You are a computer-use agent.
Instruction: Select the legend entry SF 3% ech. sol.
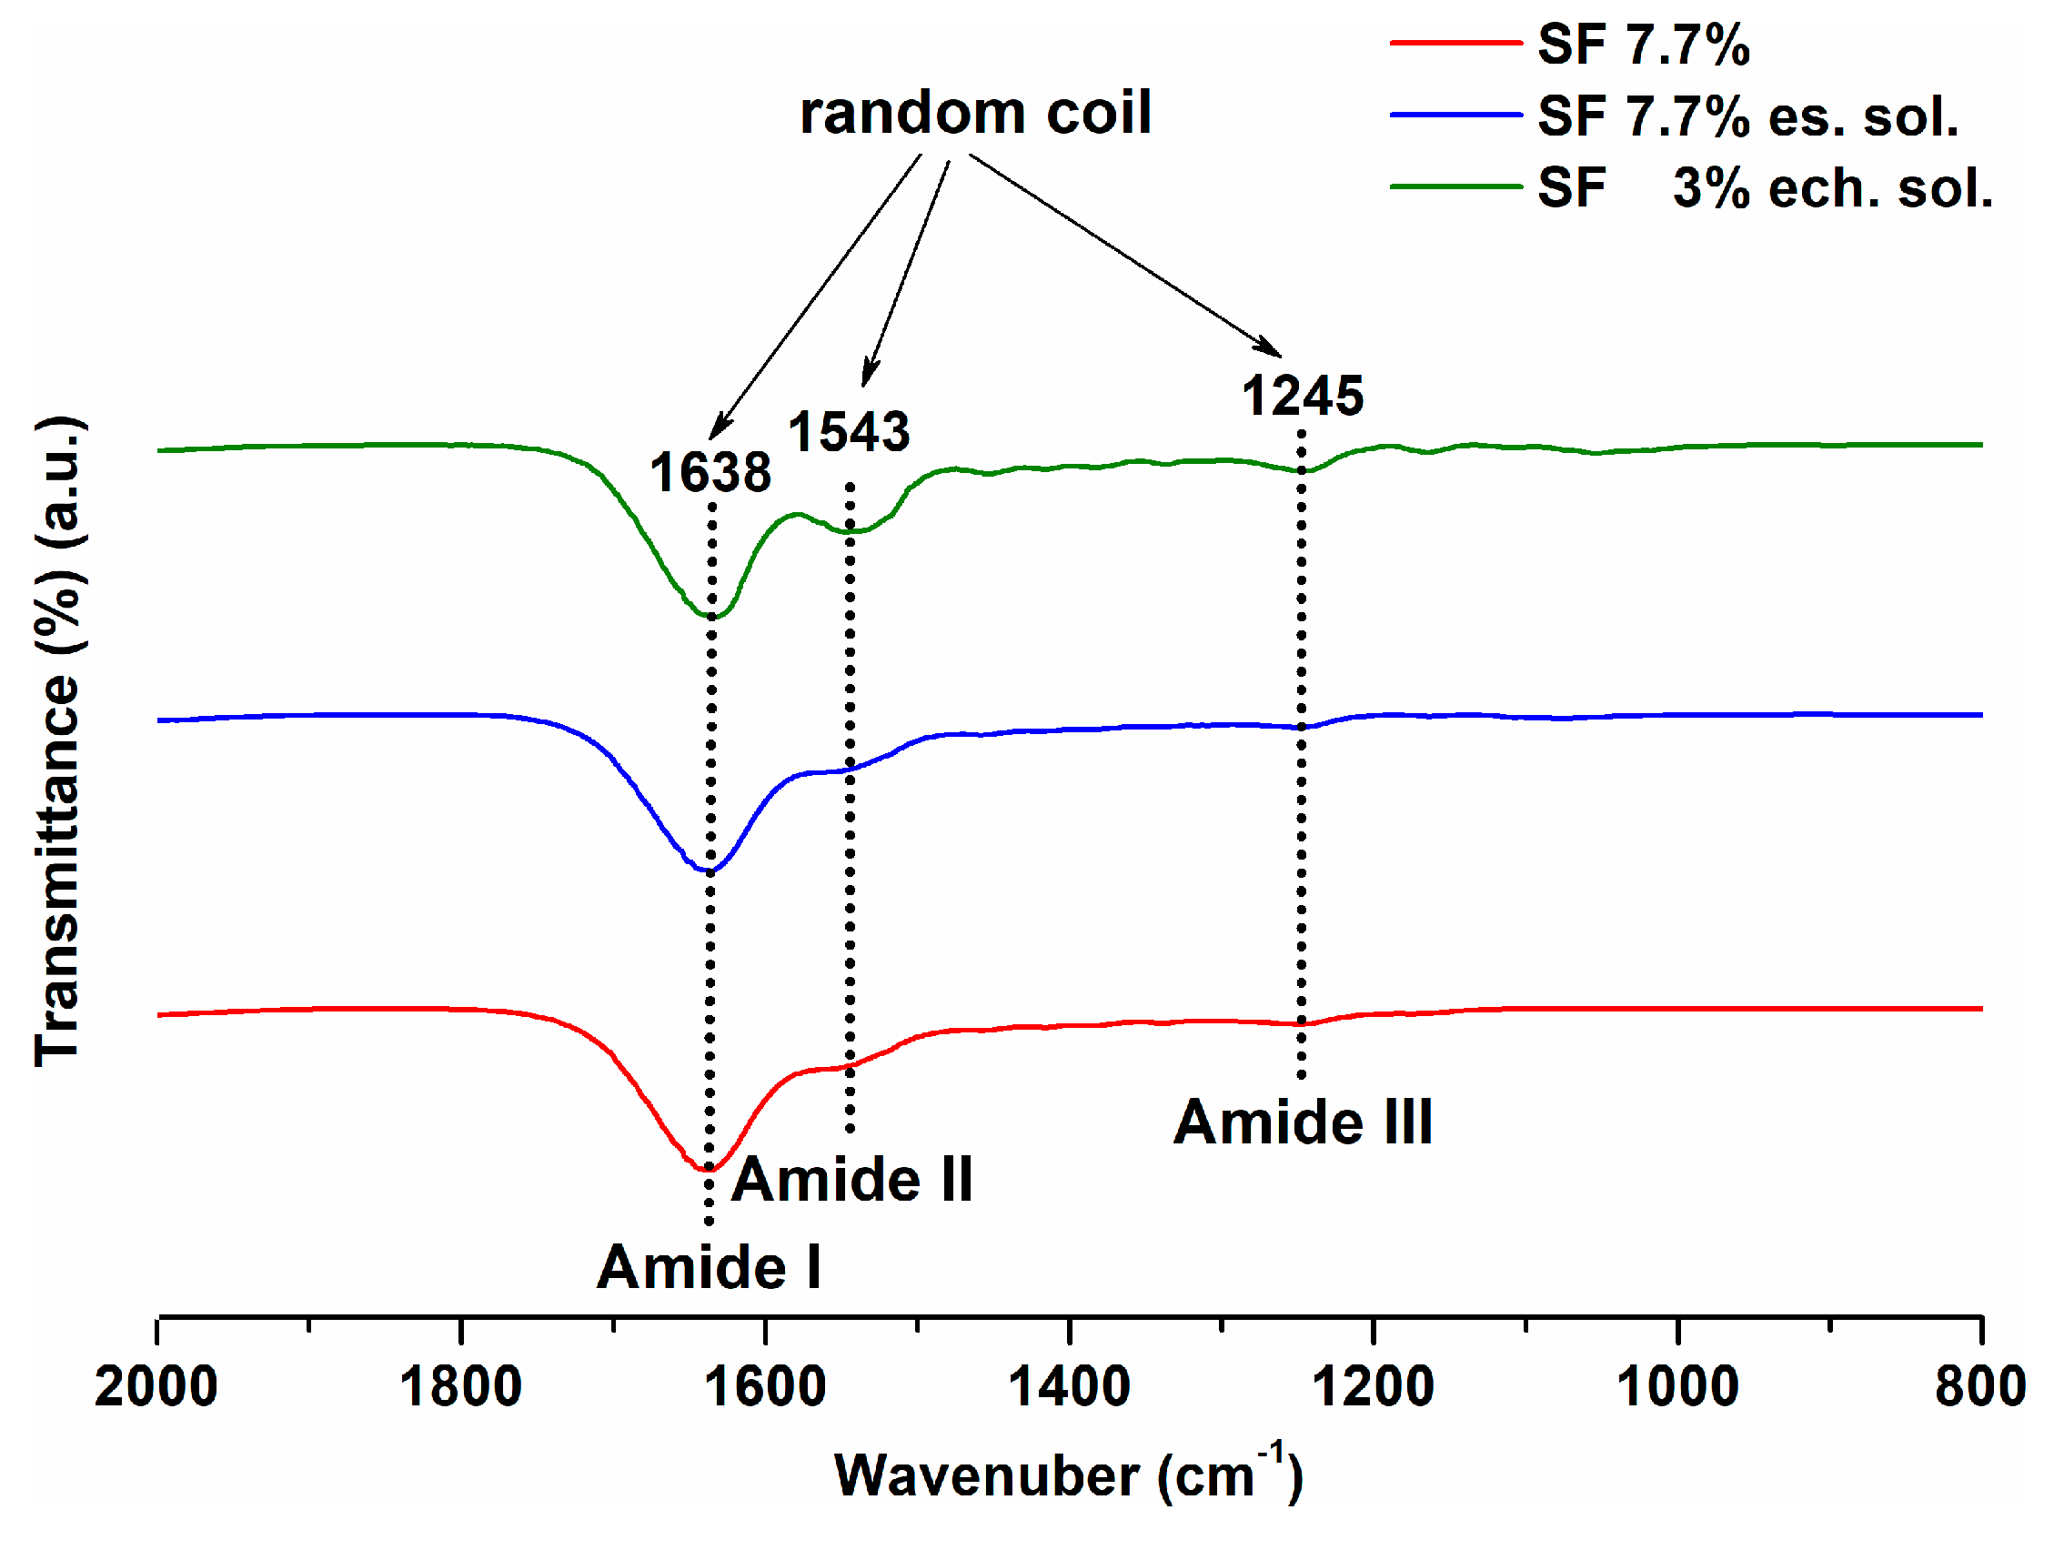click(1764, 187)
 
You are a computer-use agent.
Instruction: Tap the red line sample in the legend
click(1455, 43)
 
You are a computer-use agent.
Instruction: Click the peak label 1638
click(710, 472)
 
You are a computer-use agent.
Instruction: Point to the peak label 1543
click(848, 431)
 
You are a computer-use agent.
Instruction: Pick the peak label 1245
click(1302, 396)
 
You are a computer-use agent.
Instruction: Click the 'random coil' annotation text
click(975, 113)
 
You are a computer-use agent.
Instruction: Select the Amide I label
click(710, 1267)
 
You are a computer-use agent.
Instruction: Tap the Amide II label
click(851, 1180)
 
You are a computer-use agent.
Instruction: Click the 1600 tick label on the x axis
click(764, 1385)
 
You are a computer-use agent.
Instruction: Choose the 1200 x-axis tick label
click(1373, 1385)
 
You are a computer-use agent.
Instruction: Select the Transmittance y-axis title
click(58, 742)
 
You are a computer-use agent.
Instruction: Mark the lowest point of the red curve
click(707, 1169)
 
